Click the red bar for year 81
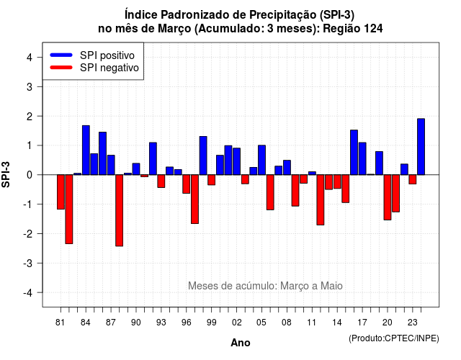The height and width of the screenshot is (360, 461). point(61,192)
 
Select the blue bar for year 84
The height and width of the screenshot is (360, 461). point(86,150)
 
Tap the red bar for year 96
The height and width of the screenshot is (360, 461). point(186,184)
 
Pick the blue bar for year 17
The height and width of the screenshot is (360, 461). point(362,158)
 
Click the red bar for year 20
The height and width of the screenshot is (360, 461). point(388,197)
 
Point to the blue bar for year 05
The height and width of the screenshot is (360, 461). point(261,160)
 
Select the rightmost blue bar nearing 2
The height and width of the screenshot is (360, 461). point(421,147)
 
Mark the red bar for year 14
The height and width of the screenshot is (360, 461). point(337,181)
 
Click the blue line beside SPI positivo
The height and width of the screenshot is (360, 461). point(61,55)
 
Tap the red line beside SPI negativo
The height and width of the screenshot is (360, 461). point(61,67)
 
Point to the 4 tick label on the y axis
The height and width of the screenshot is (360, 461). point(30,58)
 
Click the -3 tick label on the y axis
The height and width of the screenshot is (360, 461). point(28,263)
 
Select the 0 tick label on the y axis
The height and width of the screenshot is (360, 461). point(30,175)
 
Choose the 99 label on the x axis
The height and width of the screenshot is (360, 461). point(211,323)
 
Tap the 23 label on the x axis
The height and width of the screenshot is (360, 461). point(413,323)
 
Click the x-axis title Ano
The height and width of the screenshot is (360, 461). point(241,343)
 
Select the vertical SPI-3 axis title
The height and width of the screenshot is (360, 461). point(6,174)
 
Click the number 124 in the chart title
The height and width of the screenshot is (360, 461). point(373,29)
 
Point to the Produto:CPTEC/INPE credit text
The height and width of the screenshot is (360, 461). point(394,338)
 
